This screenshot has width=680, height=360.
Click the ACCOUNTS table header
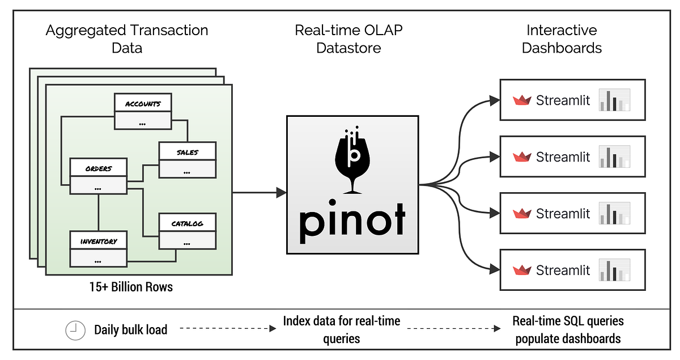(x=143, y=103)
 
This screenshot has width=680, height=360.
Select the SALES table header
(x=187, y=152)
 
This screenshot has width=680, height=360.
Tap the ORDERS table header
(x=98, y=168)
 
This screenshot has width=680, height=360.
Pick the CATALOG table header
(x=187, y=223)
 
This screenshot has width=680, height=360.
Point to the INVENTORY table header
(x=98, y=240)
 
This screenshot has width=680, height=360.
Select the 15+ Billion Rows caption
(x=130, y=286)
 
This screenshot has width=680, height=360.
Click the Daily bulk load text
(x=130, y=330)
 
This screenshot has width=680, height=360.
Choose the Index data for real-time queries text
(x=341, y=330)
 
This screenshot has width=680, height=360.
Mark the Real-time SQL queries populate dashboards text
(x=568, y=330)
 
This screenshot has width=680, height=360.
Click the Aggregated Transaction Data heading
(x=127, y=39)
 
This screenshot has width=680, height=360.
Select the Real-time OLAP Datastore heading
(x=348, y=39)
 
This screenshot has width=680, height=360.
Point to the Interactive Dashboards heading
(x=562, y=39)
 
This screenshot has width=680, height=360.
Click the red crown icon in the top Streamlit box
(x=521, y=100)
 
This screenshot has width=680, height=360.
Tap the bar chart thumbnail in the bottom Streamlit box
(x=615, y=270)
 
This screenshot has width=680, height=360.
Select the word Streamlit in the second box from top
(x=563, y=157)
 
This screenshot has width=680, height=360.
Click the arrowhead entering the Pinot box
(x=281, y=193)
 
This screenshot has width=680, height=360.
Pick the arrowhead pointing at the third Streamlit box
(x=495, y=214)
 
